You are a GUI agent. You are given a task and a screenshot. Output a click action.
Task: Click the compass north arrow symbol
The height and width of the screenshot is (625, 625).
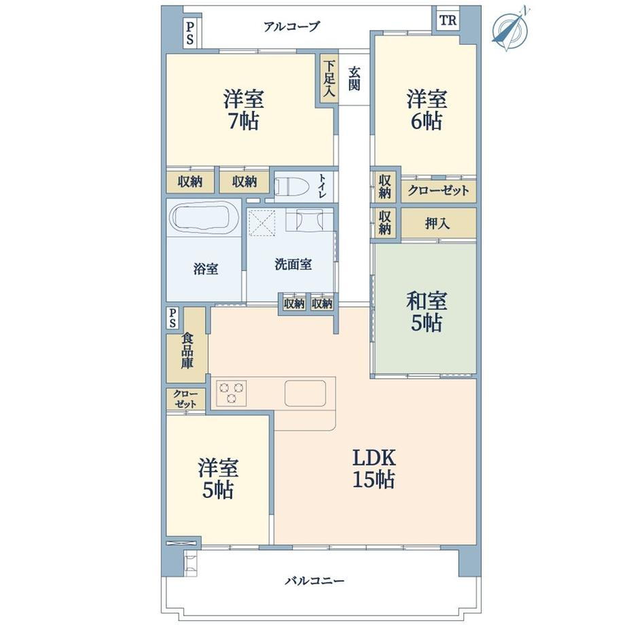click(511, 29)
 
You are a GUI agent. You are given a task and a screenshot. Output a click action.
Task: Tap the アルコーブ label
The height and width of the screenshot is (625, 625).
click(291, 26)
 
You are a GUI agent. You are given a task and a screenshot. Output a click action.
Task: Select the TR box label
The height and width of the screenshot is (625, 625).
click(448, 20)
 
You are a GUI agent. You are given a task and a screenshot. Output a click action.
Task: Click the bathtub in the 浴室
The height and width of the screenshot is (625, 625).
click(204, 218)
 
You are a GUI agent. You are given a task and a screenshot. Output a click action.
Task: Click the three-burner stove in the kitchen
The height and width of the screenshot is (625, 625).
click(231, 393)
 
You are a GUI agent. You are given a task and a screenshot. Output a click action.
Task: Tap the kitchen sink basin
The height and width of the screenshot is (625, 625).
click(305, 393)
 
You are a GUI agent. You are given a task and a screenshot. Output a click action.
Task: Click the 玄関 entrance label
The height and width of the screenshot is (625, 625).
click(355, 79)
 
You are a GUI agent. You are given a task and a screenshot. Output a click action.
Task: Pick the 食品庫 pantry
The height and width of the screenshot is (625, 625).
click(187, 345)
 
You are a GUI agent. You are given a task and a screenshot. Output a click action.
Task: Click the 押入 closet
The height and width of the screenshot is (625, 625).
click(438, 224)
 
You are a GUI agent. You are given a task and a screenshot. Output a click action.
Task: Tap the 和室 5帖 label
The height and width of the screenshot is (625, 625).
click(427, 312)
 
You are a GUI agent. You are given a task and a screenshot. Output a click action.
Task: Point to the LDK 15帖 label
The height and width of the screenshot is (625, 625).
click(374, 468)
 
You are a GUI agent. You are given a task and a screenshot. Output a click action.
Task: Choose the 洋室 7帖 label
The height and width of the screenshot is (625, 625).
click(243, 110)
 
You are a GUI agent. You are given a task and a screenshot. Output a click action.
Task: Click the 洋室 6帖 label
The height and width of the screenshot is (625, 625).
click(427, 110)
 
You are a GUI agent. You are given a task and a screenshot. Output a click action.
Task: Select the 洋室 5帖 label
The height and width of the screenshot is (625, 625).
click(218, 479)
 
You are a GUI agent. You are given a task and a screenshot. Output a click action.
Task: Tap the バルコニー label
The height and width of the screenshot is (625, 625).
click(315, 581)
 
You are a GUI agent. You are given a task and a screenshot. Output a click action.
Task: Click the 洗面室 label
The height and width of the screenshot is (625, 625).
click(293, 264)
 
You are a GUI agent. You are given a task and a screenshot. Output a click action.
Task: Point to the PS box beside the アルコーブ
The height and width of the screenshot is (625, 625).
click(190, 33)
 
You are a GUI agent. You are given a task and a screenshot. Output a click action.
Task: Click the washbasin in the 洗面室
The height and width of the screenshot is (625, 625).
click(309, 221)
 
